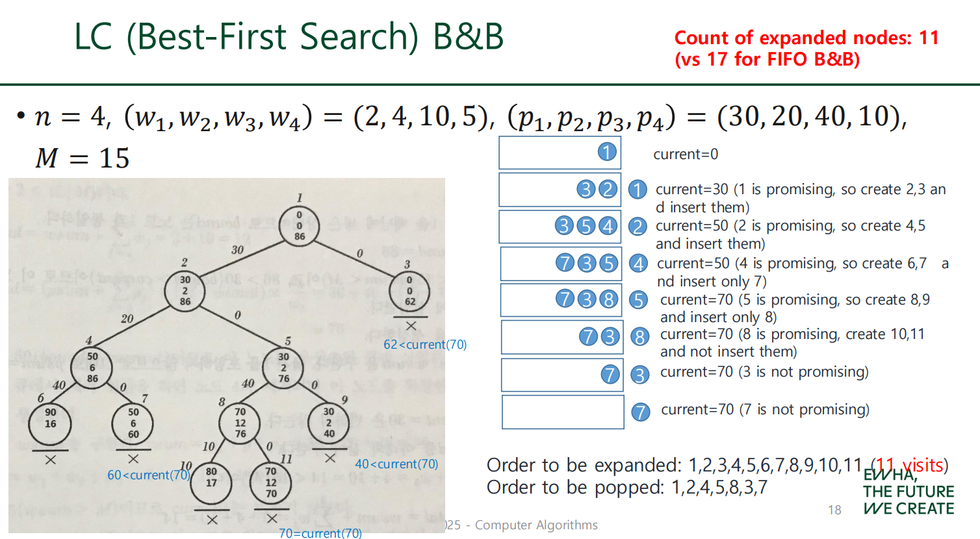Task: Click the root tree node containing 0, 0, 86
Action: point(299,226)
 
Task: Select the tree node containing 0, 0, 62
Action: point(409,291)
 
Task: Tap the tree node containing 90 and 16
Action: point(50,423)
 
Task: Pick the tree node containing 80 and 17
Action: point(211,483)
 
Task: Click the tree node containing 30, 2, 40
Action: point(329,423)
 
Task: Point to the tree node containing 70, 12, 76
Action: point(240,423)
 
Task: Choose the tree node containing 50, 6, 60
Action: point(133,423)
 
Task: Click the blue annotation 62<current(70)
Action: point(425,344)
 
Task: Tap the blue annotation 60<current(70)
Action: point(149,475)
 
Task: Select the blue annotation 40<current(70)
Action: point(396,464)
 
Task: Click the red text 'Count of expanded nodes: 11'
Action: point(806,38)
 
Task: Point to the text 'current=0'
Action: point(686,154)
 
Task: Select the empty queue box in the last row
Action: point(563,412)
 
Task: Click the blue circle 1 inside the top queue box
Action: point(606,152)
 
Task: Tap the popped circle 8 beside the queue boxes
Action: point(640,336)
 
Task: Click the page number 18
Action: point(835,510)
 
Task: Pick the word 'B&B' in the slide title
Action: point(468,36)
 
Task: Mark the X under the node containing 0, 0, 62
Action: point(411,325)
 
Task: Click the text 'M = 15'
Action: point(83,158)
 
